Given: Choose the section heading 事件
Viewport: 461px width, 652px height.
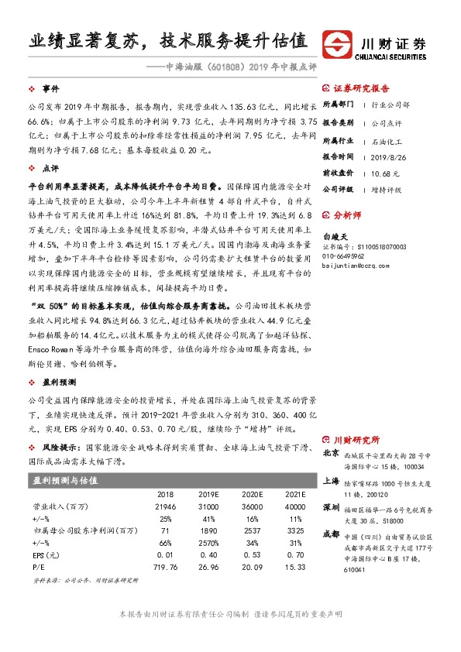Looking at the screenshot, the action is tap(50, 89).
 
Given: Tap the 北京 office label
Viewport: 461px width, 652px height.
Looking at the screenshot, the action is tap(331, 453).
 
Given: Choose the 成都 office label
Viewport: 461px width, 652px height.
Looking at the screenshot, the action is tap(331, 534).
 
